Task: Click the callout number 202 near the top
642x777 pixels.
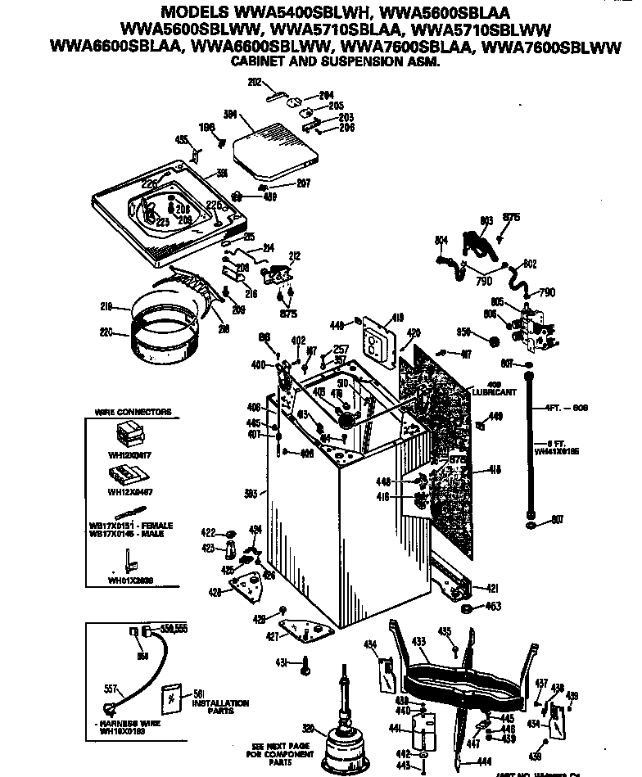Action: coord(254,82)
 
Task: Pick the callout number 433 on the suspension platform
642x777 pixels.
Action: coord(418,644)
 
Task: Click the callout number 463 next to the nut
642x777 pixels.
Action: coord(493,607)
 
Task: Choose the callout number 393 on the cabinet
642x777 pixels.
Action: coord(251,493)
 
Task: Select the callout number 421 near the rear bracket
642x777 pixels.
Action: coord(494,587)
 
